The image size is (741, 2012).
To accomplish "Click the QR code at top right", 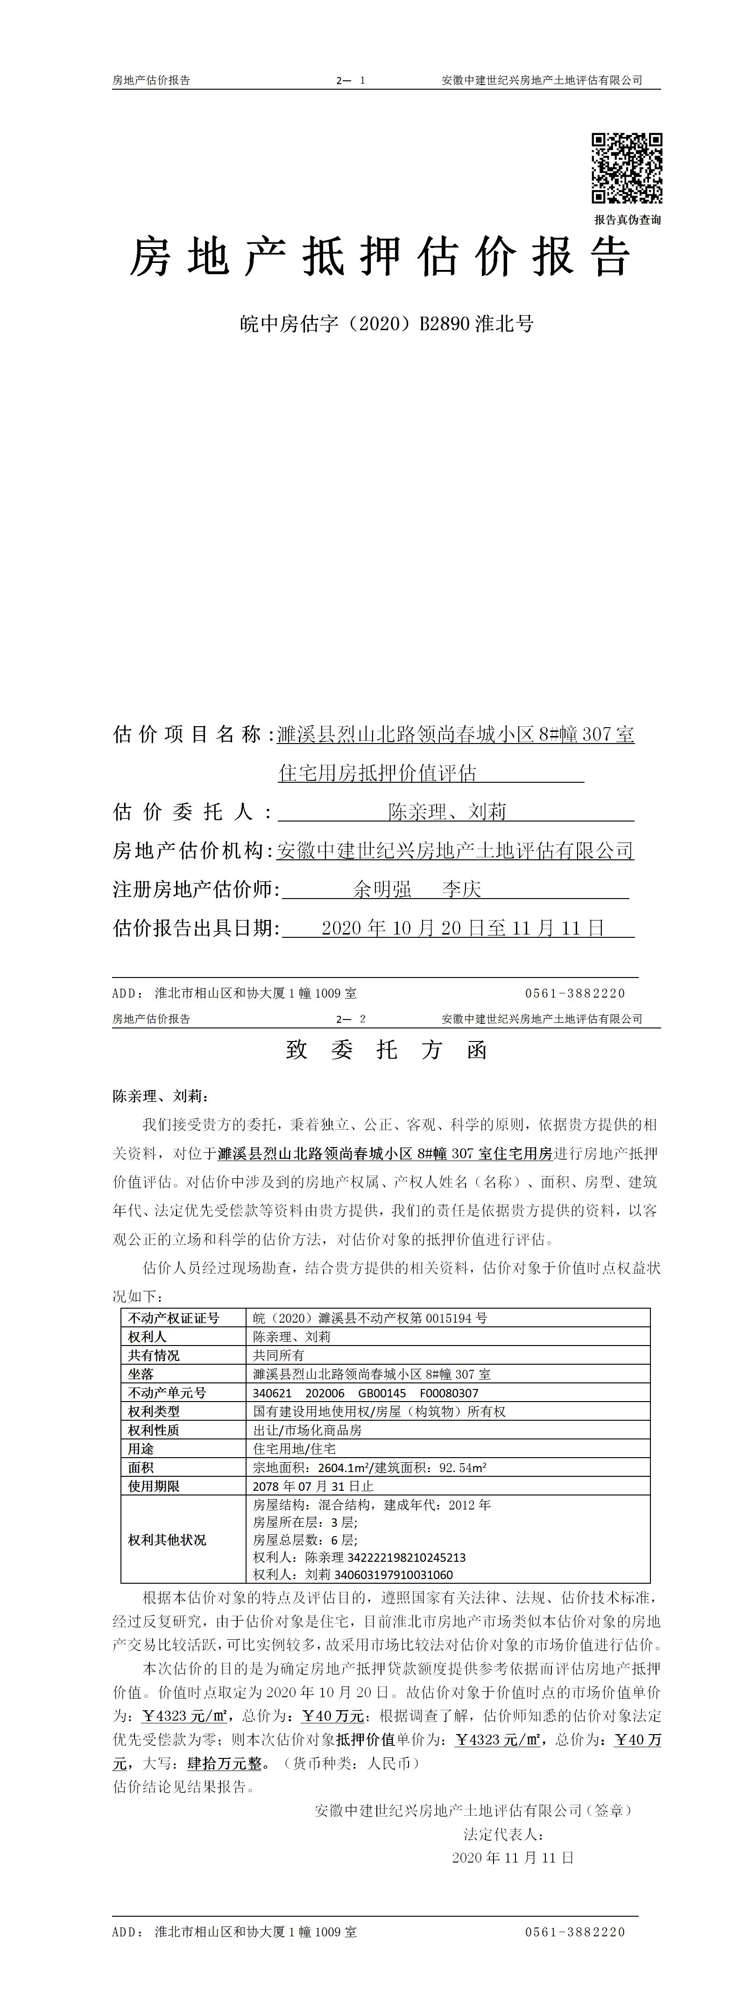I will point(626,169).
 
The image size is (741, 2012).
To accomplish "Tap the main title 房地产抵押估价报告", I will point(380,257).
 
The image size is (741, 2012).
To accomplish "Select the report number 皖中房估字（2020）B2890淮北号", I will point(387,323).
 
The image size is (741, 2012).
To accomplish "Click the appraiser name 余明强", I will point(382,889).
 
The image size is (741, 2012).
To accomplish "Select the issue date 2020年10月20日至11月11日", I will point(463,928).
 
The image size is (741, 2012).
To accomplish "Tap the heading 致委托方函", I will point(387,1050).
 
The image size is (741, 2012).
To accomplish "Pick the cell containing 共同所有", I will point(279,1356).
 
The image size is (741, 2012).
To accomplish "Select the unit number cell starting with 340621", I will point(366,1393).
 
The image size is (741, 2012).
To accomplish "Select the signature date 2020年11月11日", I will point(513,1857).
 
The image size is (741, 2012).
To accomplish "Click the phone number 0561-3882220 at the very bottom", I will point(575,1932).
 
